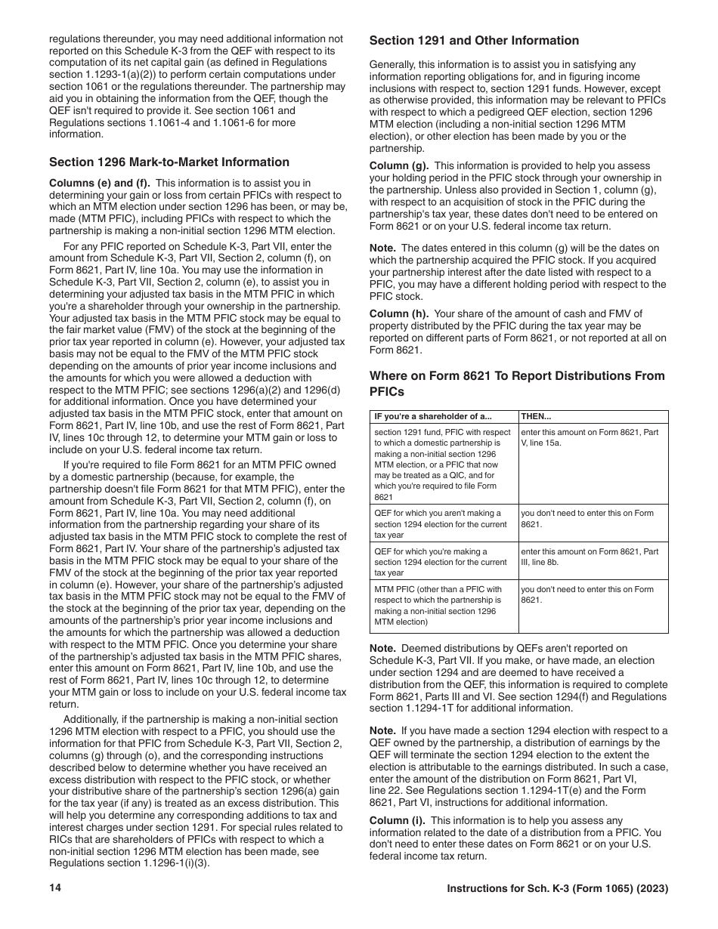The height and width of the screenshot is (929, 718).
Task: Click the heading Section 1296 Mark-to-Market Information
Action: [169, 162]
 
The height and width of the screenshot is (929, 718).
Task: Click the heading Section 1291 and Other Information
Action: [474, 41]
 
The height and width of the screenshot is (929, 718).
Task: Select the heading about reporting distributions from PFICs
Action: [517, 384]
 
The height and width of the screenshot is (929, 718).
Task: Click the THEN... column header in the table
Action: [537, 417]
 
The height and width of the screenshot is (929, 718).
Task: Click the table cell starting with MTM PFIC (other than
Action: [438, 606]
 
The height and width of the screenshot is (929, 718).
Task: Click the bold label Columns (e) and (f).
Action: [100, 183]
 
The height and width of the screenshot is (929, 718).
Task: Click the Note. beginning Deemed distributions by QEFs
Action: [382, 648]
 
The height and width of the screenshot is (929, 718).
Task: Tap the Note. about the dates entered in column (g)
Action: [382, 248]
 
